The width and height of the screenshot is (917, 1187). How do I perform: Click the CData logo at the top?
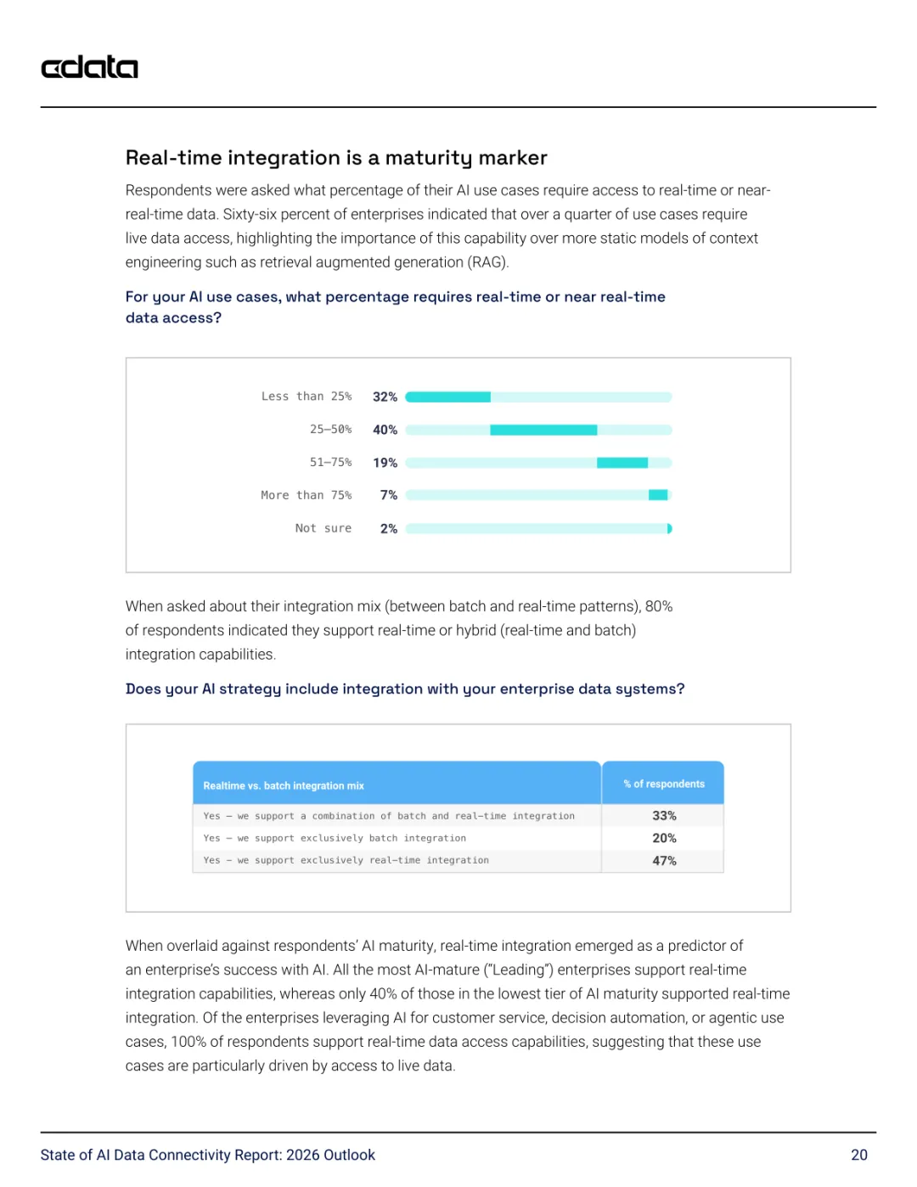[89, 67]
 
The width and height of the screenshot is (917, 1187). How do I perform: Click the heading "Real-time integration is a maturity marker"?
[336, 158]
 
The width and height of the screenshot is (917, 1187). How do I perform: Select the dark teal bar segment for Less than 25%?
[448, 397]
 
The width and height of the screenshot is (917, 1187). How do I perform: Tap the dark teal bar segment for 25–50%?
[543, 430]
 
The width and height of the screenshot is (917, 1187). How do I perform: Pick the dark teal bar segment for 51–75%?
[622, 463]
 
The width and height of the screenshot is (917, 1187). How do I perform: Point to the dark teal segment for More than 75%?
[658, 495]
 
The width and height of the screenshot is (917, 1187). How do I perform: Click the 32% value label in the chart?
[385, 397]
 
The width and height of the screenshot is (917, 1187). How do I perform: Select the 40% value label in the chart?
[385, 430]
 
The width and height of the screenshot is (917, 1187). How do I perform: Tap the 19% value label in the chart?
[385, 463]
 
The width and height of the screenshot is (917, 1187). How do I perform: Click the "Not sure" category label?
[323, 528]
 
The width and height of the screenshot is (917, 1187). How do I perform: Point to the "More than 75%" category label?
[306, 495]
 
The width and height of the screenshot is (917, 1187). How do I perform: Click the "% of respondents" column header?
[664, 784]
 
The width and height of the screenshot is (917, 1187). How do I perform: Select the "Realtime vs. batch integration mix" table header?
[284, 785]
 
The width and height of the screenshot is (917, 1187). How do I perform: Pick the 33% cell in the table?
[664, 816]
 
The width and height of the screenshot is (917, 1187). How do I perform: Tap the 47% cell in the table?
[664, 861]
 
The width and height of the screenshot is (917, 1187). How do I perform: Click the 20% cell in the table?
[664, 838]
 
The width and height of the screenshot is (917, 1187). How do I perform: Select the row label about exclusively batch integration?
[335, 838]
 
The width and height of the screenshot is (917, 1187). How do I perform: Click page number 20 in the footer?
[859, 1155]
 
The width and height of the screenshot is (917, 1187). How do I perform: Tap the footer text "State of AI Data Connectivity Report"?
[207, 1155]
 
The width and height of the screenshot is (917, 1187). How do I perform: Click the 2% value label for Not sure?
[389, 529]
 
